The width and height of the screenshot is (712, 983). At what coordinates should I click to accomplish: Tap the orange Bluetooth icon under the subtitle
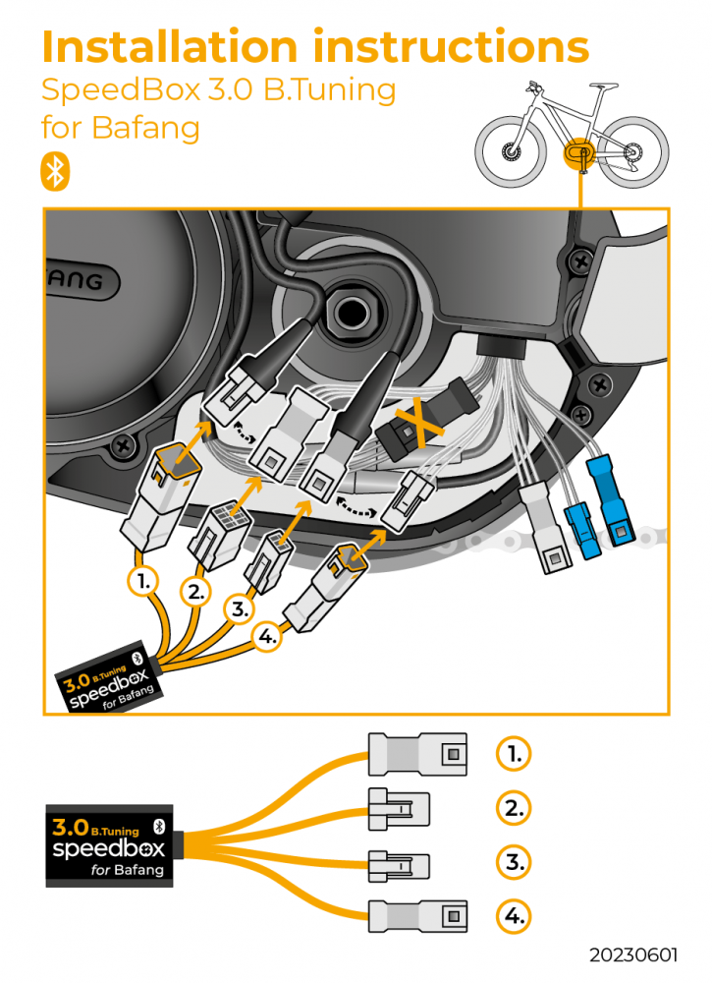[55, 171]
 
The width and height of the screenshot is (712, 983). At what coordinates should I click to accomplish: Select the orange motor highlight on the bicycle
[577, 154]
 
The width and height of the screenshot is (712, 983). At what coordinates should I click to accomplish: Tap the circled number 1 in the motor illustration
[143, 581]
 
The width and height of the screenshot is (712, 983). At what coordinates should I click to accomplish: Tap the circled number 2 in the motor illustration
[196, 592]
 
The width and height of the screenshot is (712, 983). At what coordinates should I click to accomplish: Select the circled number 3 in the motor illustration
[240, 609]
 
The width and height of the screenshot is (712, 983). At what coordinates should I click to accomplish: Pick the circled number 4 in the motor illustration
[267, 636]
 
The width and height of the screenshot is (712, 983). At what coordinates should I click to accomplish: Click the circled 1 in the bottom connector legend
[513, 754]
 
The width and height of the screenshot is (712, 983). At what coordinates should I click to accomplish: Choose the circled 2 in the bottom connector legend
[513, 808]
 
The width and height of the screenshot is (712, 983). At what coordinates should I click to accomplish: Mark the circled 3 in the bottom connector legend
[513, 863]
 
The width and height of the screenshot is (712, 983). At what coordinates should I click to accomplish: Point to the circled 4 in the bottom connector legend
[513, 917]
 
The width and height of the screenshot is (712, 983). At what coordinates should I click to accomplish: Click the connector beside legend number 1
[417, 754]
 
